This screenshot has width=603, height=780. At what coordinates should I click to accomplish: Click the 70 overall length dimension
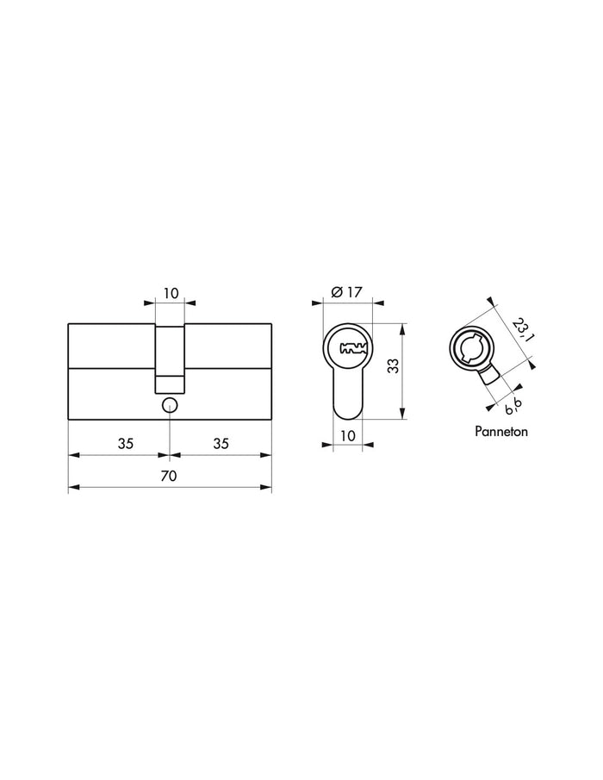click(x=170, y=476)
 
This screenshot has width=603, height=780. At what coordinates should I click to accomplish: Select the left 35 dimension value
click(x=126, y=444)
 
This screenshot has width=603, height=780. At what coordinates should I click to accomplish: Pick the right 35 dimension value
click(x=221, y=444)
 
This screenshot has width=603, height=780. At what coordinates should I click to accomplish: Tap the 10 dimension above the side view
click(x=171, y=293)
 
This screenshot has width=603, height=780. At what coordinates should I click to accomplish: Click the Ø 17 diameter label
click(x=345, y=292)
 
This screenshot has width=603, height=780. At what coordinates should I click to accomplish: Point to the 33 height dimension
click(x=393, y=365)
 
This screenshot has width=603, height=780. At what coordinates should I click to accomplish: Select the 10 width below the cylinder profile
click(x=347, y=436)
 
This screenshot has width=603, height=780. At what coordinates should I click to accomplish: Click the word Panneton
click(x=500, y=430)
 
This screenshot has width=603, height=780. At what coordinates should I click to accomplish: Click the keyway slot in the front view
click(x=353, y=349)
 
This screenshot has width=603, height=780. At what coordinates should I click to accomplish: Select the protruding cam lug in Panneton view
click(x=490, y=376)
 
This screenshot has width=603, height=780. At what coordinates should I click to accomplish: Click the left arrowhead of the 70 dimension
click(x=72, y=488)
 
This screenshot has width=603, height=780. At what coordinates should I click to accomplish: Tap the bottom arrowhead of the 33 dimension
click(x=403, y=416)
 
